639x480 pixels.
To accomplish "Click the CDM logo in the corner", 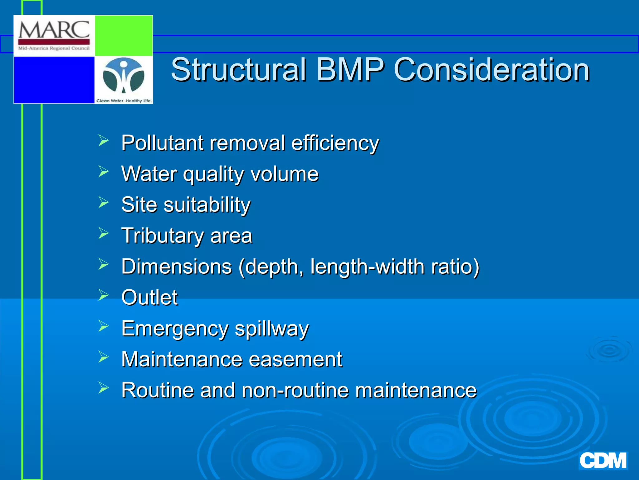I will point(603,460).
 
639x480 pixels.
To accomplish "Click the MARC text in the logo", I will point(54,30).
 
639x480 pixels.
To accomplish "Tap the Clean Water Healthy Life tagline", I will point(124,101).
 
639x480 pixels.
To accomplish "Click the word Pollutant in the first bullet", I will point(162,143).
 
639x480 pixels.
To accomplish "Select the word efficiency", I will point(335,143).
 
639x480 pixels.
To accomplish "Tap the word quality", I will point(213,174).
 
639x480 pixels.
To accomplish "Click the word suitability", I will point(207,205).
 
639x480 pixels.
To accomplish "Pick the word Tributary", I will point(162,236).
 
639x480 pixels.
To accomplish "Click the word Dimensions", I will point(177,267).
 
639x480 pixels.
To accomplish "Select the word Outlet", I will point(149,297).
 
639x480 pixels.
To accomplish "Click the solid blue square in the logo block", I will point(54,80).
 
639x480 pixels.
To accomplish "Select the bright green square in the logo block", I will point(124,35).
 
